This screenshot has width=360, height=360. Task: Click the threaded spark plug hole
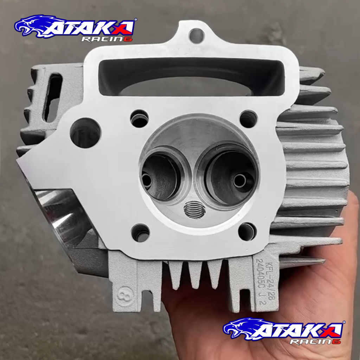click(194, 210)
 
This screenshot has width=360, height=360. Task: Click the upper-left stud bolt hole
click(139, 118)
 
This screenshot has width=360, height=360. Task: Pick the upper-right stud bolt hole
click(249, 119)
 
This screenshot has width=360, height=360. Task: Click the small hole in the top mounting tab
click(197, 36)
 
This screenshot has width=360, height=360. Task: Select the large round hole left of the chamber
click(85, 133)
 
